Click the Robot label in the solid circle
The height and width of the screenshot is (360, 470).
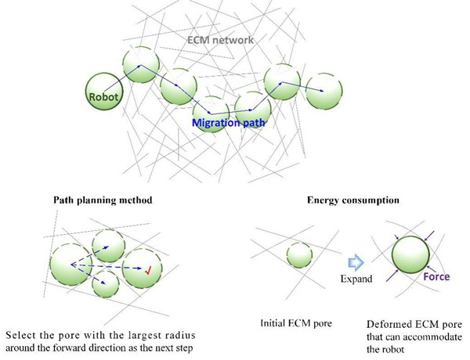103,97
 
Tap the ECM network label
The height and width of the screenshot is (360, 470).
220,40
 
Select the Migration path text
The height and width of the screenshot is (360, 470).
229,123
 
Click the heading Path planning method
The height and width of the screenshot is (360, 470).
103,200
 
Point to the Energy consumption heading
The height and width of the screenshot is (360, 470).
353,200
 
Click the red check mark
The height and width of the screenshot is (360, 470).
147,271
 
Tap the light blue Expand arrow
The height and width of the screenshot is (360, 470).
356,263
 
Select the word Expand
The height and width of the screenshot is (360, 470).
356,279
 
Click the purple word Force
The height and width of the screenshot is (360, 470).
436,276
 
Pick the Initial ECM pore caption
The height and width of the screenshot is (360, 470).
296,323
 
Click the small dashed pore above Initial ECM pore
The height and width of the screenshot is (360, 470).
299,255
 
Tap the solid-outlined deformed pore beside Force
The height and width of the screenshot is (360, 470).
410,254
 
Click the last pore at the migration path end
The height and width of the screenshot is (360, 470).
324,91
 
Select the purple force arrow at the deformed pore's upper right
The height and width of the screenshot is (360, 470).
429,236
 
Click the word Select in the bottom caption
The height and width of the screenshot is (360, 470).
21,335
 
